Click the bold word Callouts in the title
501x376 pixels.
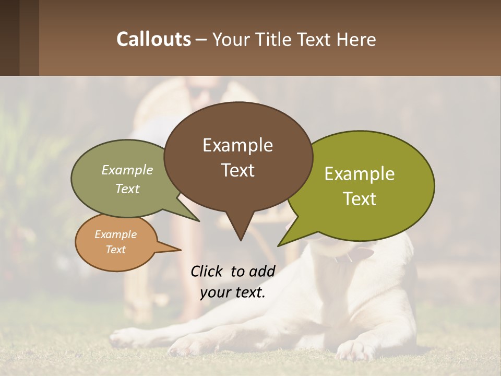153,39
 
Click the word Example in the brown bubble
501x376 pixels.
237,145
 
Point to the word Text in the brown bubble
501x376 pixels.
237,170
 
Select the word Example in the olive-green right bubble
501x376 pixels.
360,174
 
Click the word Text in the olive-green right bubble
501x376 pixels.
360,199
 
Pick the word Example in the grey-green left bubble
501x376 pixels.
127,170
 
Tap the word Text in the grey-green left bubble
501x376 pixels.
127,189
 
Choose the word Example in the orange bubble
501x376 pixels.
115,234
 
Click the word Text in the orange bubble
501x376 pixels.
115,250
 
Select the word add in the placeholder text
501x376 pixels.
262,271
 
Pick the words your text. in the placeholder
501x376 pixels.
233,292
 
